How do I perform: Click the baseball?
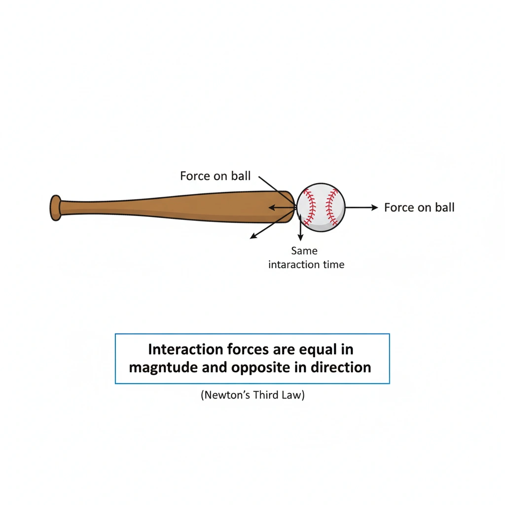tap(321, 207)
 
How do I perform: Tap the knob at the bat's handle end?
tap(55, 208)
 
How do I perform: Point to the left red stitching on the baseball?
tap(309, 207)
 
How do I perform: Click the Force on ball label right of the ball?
tap(419, 208)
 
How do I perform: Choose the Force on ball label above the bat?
tap(216, 176)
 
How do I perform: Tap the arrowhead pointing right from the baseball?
tap(374, 208)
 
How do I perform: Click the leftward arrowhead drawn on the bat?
tap(271, 208)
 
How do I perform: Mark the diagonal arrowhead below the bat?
tap(253, 236)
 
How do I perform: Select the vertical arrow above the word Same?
tap(300, 227)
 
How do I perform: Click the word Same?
tap(304, 251)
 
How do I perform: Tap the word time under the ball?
tap(334, 265)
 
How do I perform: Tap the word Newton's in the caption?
tap(226, 395)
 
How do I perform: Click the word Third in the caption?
tap(266, 395)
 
